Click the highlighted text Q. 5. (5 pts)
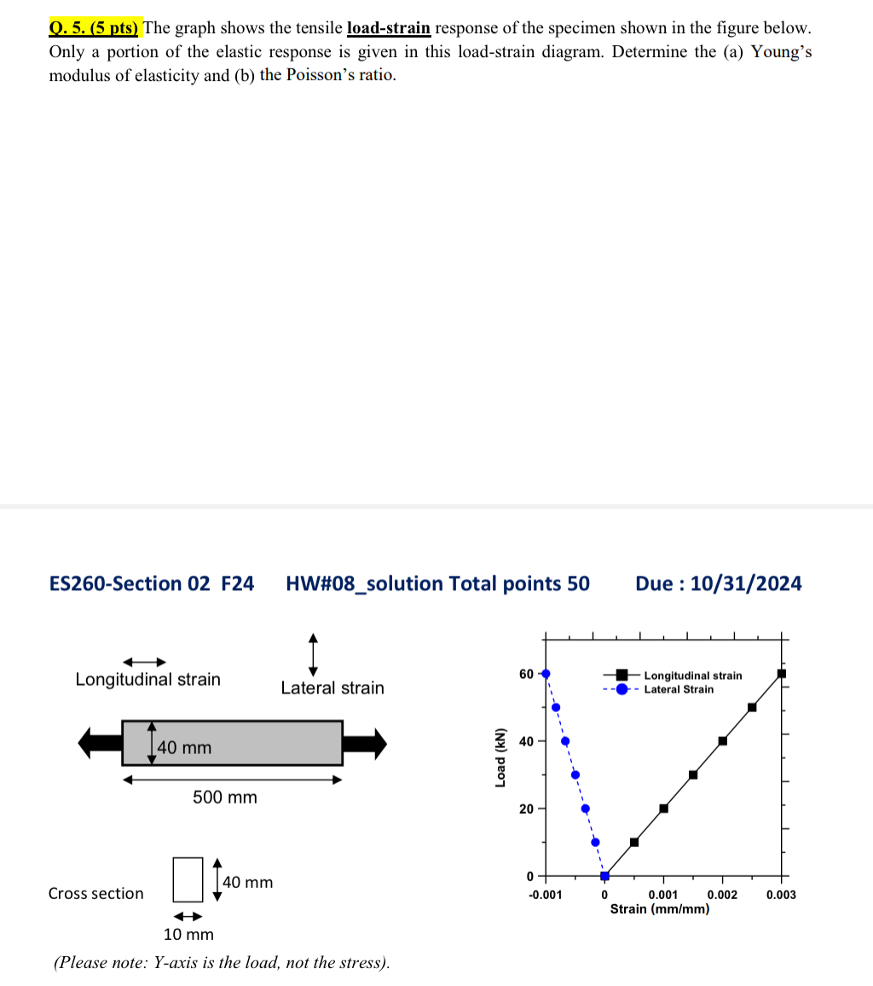point(95,27)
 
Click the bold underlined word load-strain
point(388,27)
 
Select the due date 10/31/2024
point(746,583)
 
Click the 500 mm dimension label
point(224,797)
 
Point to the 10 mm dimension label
point(188,935)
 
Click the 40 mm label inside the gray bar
point(184,748)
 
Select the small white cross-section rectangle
point(188,879)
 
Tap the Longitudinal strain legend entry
point(692,676)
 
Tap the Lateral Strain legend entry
point(679,689)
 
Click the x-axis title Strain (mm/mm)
point(659,909)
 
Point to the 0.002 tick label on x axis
point(722,895)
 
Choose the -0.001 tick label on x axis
point(545,895)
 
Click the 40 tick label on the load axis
point(526,740)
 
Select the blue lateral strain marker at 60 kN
point(546,673)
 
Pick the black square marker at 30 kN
point(693,774)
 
